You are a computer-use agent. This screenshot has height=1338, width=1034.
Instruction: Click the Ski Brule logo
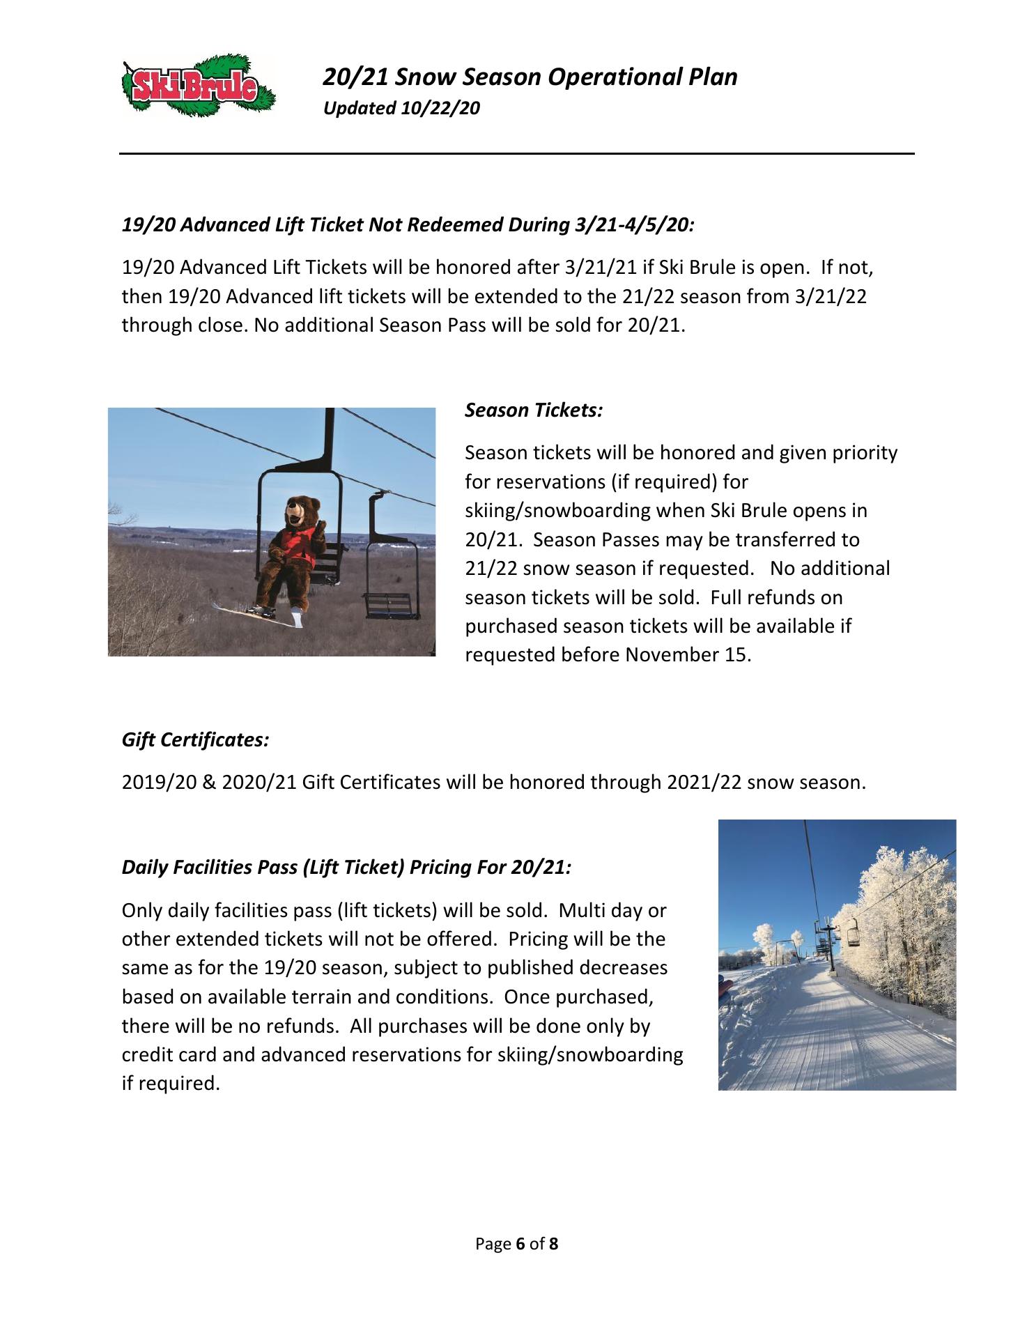point(198,89)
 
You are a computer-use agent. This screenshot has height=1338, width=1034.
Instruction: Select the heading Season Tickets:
point(534,410)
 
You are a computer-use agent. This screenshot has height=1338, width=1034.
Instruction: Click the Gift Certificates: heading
point(196,740)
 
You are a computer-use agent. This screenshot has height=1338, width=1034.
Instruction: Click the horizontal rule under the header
point(516,154)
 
